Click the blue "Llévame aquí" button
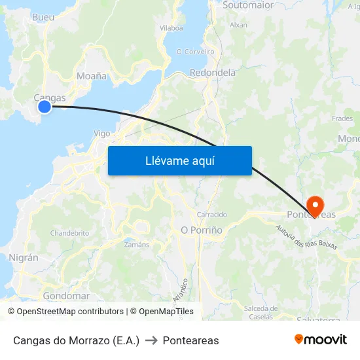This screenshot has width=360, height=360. [x=180, y=160]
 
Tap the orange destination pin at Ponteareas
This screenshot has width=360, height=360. [x=315, y=206]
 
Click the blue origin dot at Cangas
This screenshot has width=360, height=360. [x=45, y=106]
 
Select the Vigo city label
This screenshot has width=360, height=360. [x=102, y=133]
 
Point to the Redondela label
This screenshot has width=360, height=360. [x=212, y=73]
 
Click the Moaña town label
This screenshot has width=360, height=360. [x=92, y=76]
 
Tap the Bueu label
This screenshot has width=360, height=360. [x=43, y=17]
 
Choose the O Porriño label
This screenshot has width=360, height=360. [x=202, y=230]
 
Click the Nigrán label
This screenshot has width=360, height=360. [x=24, y=258]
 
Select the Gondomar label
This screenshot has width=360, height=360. [x=66, y=296]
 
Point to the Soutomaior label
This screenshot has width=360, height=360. [x=248, y=5]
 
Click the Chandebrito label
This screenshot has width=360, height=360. [x=69, y=233]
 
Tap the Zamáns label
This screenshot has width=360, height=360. [x=137, y=244]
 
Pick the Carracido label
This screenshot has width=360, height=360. [x=212, y=214]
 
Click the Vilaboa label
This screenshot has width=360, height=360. [x=171, y=28]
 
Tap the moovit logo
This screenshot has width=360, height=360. [x=321, y=339]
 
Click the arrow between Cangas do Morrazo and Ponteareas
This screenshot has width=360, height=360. [x=151, y=340]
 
